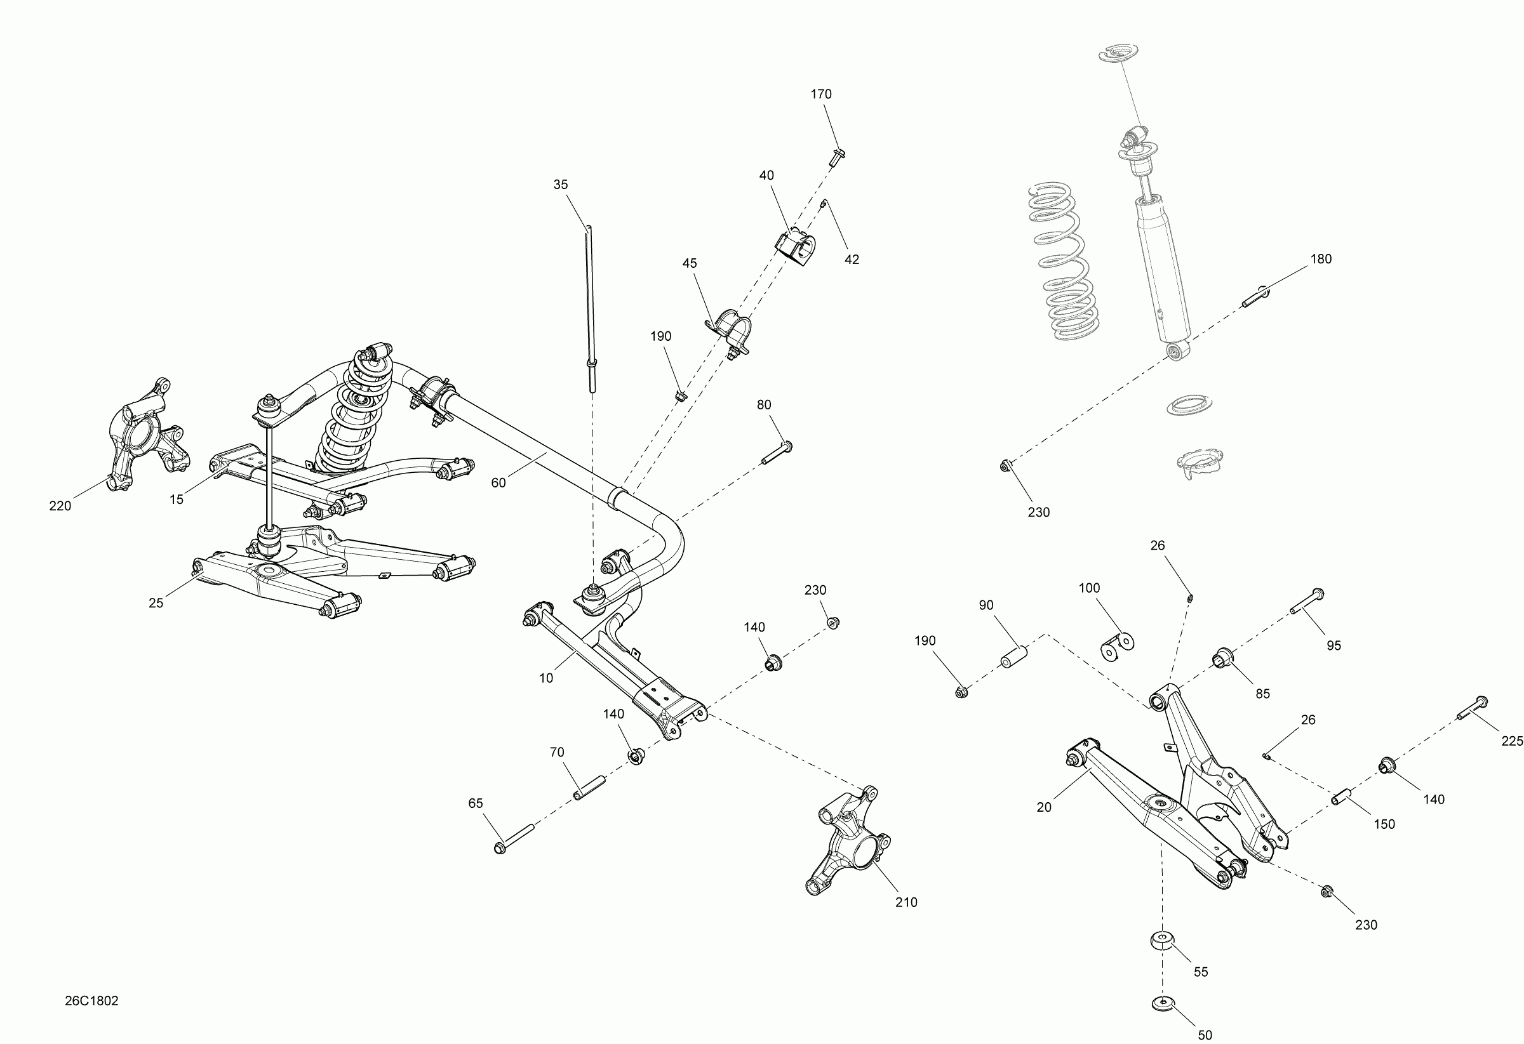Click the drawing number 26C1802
point(92,1001)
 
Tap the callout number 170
point(820,95)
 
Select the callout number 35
point(560,185)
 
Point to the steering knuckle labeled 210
point(848,840)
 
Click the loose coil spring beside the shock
point(1062,262)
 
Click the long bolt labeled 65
point(515,839)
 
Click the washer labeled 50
point(1162,1003)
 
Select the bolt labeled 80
point(777,454)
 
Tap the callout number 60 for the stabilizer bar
point(498,483)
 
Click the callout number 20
point(1044,807)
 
